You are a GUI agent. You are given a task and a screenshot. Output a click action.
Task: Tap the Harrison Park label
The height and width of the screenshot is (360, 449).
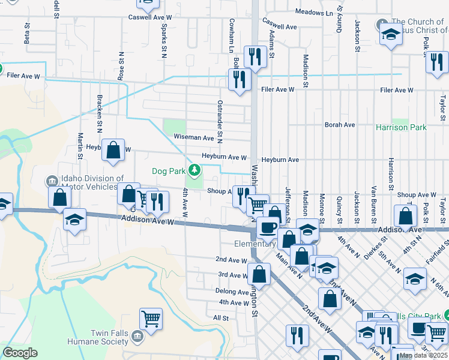401,127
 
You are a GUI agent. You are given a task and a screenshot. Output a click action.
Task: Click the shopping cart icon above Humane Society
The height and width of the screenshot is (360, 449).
151,318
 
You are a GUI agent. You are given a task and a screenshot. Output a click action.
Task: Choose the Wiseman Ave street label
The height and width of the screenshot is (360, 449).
194,137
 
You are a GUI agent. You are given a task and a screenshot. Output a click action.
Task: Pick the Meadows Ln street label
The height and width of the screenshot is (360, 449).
314,13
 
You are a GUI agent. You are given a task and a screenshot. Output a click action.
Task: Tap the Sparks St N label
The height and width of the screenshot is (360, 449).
163,41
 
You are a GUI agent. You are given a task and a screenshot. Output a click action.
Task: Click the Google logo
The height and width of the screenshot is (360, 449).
20,353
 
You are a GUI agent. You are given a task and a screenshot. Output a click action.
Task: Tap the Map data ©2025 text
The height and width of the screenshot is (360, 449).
423,355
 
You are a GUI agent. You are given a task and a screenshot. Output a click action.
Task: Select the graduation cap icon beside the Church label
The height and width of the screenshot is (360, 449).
390,34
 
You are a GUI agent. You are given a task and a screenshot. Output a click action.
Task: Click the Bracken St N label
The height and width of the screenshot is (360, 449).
99,112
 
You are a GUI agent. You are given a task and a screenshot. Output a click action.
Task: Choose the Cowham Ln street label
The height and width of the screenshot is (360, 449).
231,34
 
